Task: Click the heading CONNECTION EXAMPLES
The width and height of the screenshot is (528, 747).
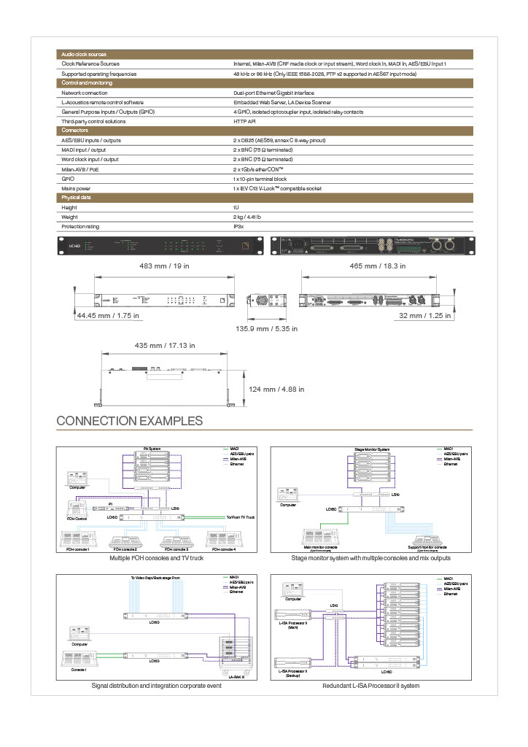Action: [x=130, y=421]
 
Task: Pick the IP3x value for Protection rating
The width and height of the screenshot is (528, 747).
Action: [x=238, y=227]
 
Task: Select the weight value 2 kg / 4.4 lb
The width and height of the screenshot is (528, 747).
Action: [x=246, y=217]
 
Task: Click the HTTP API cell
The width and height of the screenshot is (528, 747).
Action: [x=244, y=121]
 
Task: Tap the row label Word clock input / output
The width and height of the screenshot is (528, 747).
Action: [x=90, y=159]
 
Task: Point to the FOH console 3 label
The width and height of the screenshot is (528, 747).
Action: [x=176, y=549]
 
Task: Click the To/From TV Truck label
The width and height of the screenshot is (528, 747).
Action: [x=239, y=516]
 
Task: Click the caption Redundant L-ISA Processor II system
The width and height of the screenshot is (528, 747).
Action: [x=370, y=686]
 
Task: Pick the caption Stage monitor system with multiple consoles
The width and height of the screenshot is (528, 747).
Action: [x=370, y=558]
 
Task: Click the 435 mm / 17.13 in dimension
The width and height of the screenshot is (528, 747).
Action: [x=166, y=344]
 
